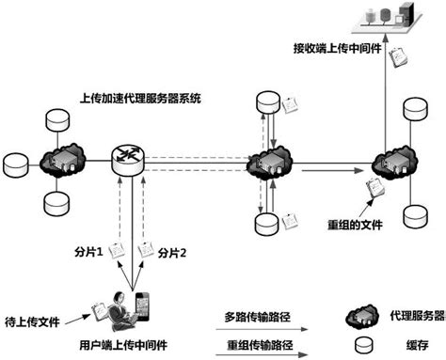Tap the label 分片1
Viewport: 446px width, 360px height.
coord(88,253)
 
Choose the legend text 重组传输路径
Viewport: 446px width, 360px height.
coord(254,343)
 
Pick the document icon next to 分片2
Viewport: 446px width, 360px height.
coord(146,250)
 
